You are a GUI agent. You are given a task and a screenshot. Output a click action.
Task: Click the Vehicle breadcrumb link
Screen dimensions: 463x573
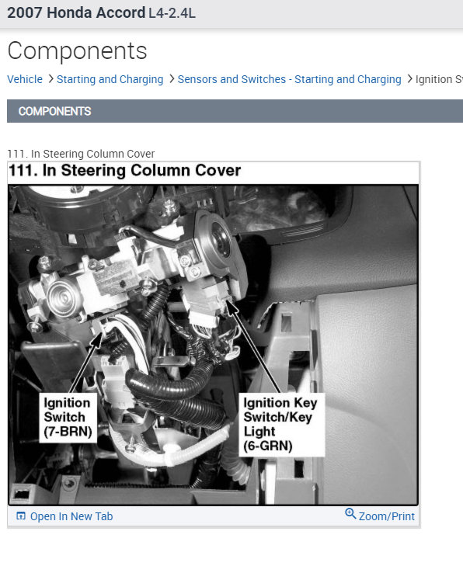coord(25,79)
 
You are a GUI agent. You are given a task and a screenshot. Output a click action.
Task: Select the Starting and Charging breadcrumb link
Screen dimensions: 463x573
coord(110,80)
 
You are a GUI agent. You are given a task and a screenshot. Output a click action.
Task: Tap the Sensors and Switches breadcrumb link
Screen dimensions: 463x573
coord(289,80)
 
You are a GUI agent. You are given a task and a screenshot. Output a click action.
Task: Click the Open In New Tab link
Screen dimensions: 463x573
coord(71,516)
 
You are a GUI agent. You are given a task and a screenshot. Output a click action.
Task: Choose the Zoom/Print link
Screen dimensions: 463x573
coord(387,516)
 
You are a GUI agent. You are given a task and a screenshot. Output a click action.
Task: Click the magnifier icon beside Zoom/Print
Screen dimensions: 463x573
coord(350,513)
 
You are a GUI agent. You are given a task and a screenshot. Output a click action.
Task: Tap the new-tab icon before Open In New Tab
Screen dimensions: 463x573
coord(21,516)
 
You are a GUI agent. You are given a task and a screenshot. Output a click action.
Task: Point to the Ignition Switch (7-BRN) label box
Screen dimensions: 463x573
coord(68,418)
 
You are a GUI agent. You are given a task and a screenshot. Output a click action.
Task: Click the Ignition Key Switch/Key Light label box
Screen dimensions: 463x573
coord(281,425)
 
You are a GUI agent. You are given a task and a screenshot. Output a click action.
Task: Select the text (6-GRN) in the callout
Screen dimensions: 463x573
coord(268,446)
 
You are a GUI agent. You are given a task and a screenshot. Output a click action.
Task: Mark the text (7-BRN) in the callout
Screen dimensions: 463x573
coord(68,432)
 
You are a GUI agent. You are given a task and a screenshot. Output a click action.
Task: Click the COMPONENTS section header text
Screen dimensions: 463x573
coord(55,111)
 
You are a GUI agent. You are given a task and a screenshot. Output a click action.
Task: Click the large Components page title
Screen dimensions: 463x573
coord(77,50)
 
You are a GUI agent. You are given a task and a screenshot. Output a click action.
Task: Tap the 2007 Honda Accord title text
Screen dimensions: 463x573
coord(76,12)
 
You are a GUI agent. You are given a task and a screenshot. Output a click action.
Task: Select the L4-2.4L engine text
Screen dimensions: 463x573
coord(172,13)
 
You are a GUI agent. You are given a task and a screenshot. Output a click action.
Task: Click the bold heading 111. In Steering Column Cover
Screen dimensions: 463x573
coord(125,170)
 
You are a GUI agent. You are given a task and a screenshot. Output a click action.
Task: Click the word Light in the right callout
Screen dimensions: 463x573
coord(259,432)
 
